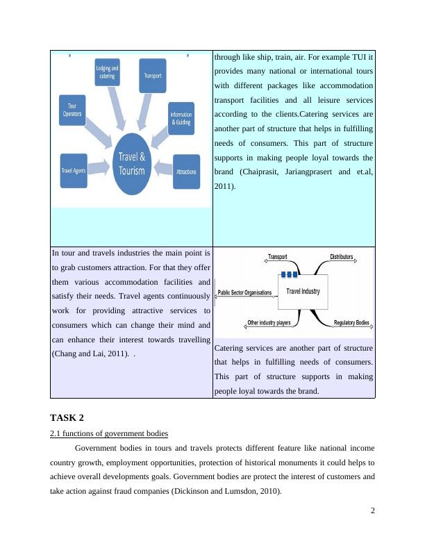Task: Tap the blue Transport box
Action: [152, 76]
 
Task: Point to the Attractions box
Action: [186, 172]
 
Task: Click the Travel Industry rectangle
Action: [303, 292]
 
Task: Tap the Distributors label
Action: [342, 257]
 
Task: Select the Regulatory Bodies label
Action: [351, 323]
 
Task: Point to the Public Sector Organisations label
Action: [245, 293]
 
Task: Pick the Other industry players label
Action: [269, 323]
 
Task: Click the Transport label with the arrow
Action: [277, 257]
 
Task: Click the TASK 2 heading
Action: [67, 418]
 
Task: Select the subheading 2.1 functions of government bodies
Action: [109, 434]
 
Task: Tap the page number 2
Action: [373, 510]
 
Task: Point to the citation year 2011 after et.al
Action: [225, 187]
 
